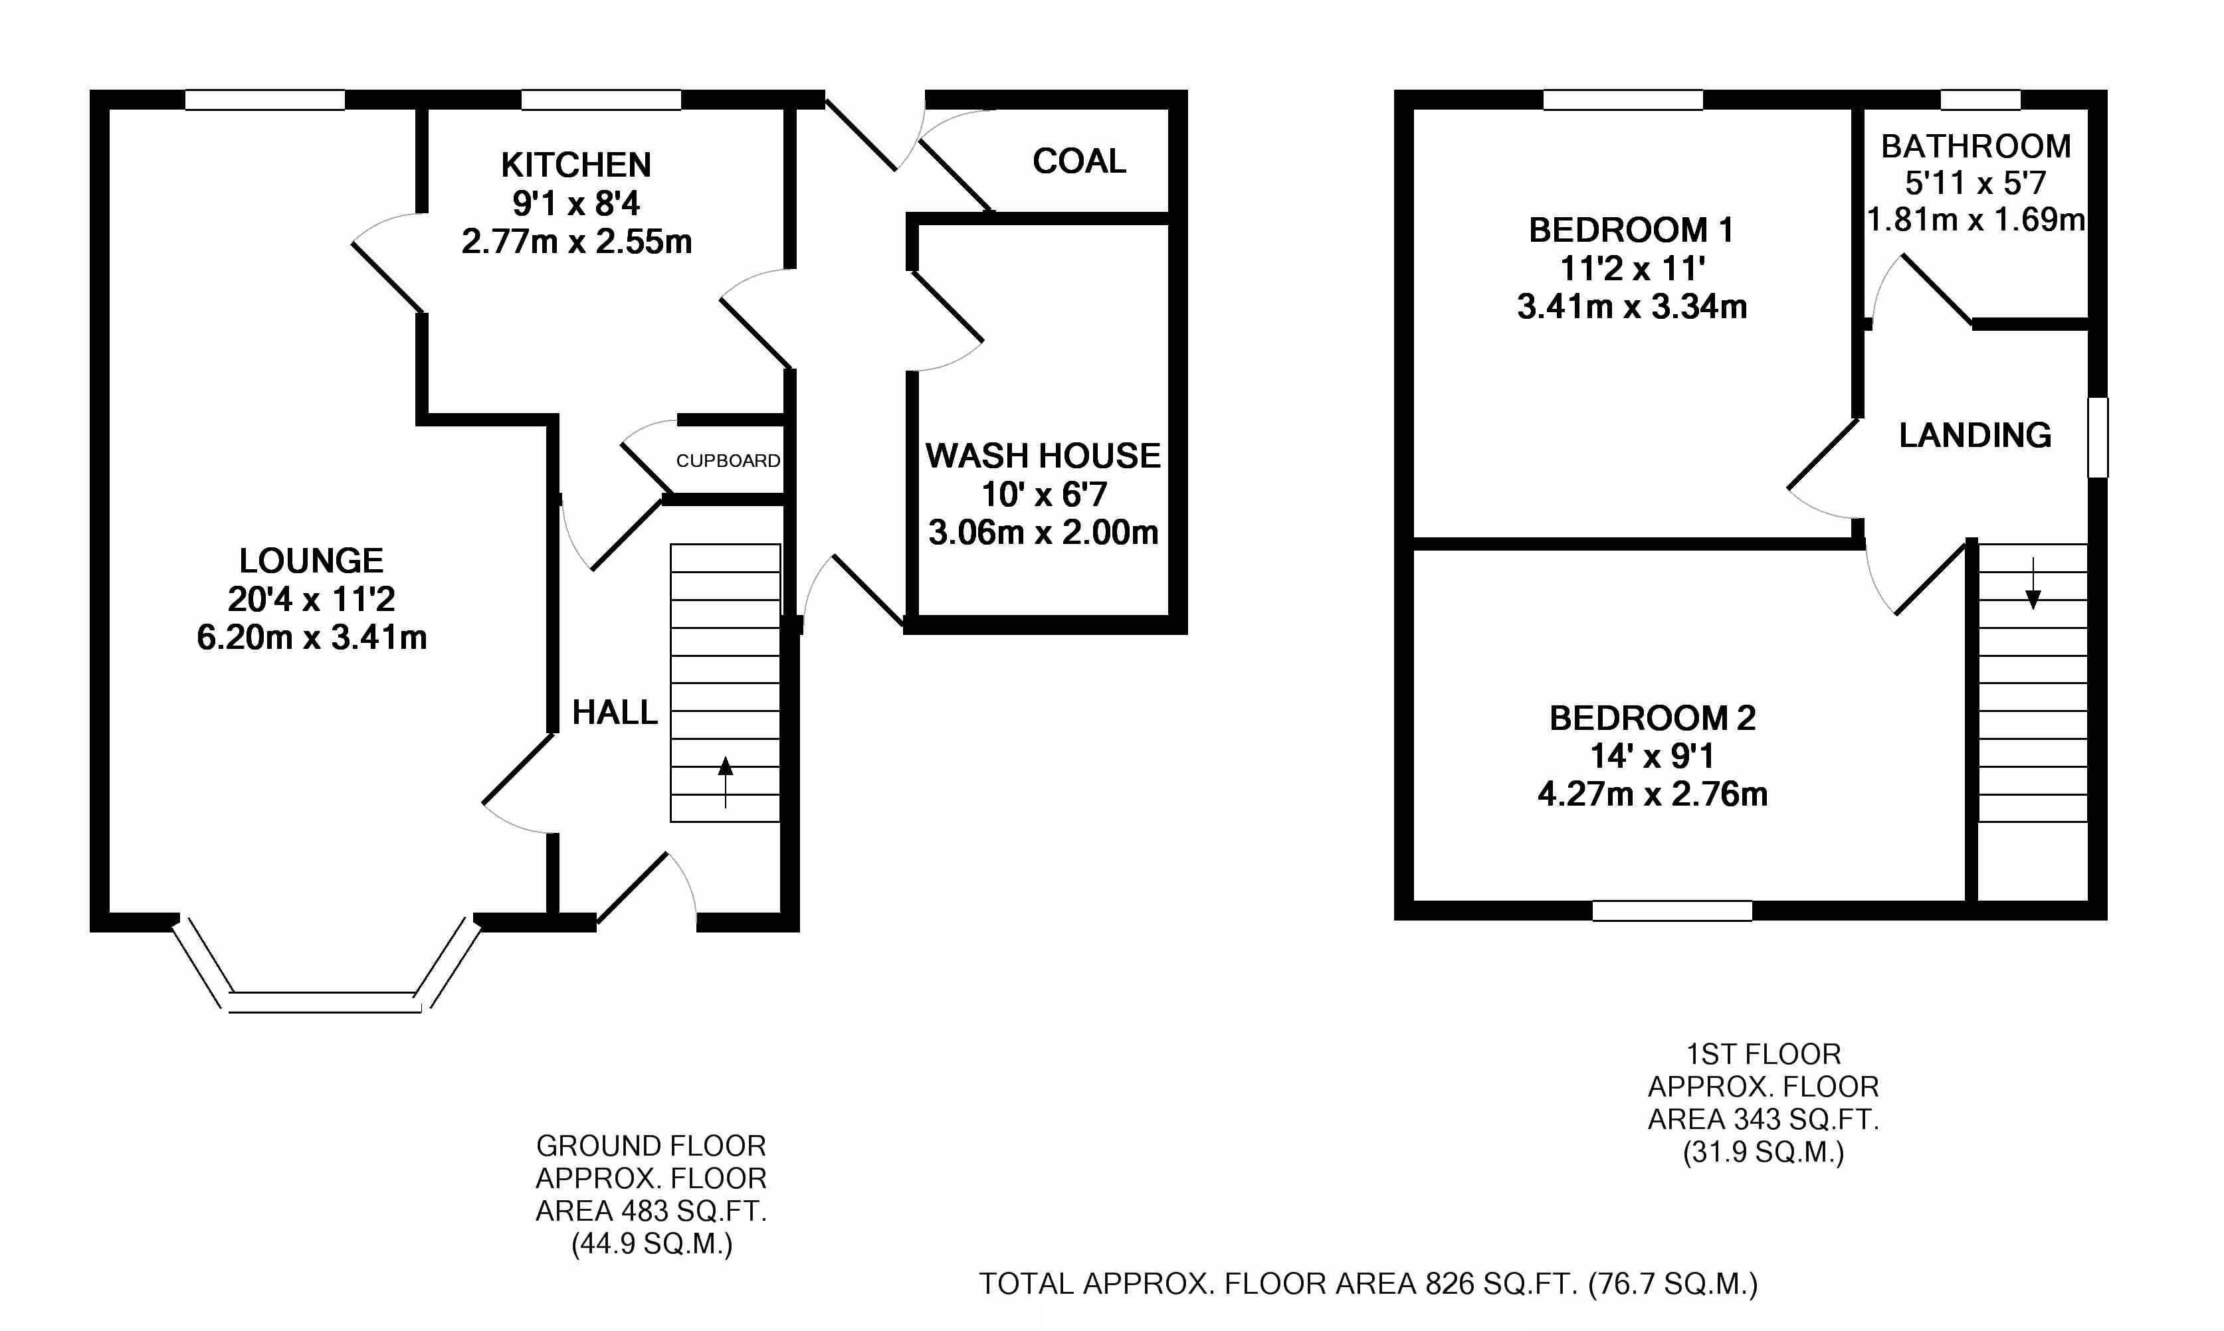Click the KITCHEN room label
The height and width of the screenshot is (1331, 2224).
(x=576, y=165)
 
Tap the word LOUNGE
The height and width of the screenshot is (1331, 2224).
(x=311, y=561)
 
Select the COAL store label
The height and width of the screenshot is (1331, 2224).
(x=1079, y=161)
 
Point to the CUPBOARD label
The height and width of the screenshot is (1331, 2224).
(x=728, y=461)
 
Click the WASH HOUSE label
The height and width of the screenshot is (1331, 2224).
(x=1043, y=456)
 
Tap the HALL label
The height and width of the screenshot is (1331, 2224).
(x=615, y=713)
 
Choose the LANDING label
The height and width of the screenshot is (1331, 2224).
(x=1975, y=436)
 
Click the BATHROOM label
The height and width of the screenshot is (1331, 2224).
(x=1975, y=146)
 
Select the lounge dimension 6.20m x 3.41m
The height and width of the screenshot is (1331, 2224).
(x=311, y=638)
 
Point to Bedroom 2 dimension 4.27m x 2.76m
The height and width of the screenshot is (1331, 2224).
(x=1652, y=794)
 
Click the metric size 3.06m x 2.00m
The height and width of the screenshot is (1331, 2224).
(x=1043, y=533)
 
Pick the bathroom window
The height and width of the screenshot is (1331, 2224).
(x=1980, y=100)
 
